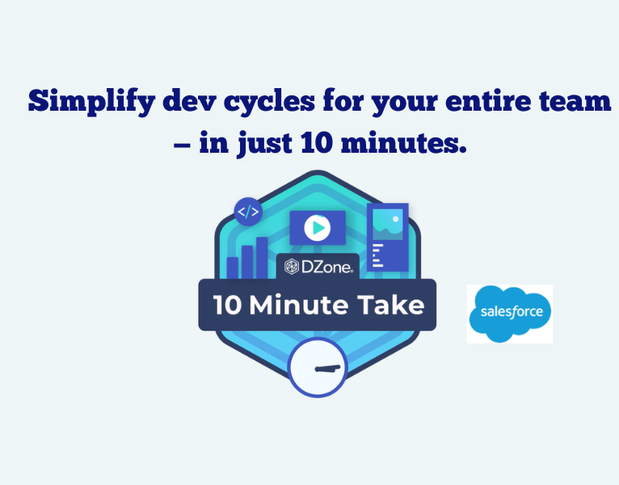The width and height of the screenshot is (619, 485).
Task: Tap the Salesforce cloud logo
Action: pyautogui.click(x=509, y=313)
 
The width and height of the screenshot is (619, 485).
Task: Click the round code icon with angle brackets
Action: pyautogui.click(x=247, y=213)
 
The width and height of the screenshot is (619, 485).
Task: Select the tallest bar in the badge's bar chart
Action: pyautogui.click(x=261, y=257)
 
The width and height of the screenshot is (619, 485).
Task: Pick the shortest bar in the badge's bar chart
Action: pyautogui.click(x=233, y=268)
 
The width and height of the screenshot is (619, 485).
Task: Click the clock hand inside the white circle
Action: pyautogui.click(x=327, y=369)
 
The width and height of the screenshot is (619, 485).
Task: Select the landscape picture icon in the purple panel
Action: pyautogui.click(x=387, y=221)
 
